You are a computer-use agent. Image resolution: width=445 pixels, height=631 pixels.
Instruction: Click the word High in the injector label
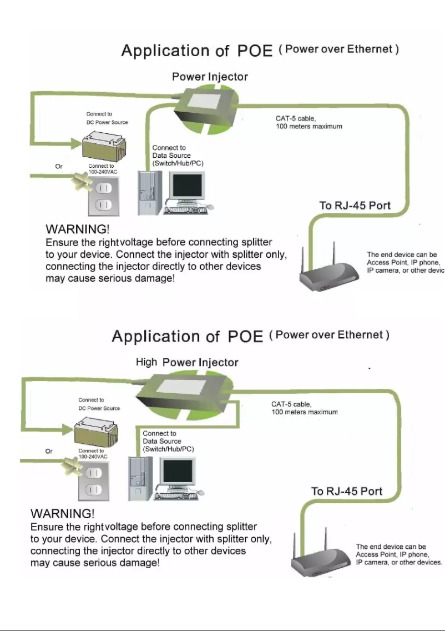click(147, 362)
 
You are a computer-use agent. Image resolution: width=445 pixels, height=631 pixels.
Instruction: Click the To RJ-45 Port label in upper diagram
click(355, 206)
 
